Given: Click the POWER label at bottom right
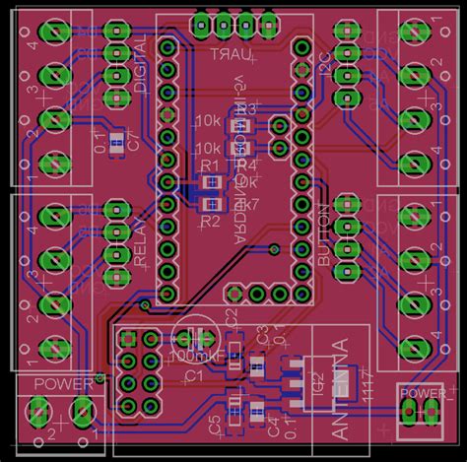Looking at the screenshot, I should tap(421, 395).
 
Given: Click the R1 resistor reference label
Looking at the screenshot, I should tap(209, 165).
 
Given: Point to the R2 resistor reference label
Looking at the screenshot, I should tap(209, 222).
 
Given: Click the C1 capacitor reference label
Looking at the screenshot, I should tap(194, 376).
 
